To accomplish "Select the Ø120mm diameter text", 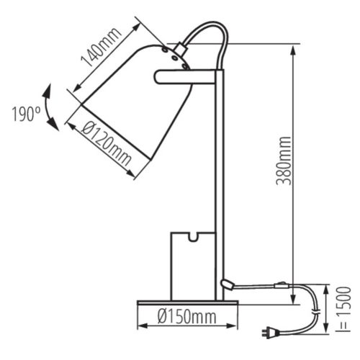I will coord(105,146).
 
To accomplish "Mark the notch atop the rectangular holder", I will coord(192,235).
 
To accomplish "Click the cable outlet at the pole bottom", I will coord(228,285).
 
